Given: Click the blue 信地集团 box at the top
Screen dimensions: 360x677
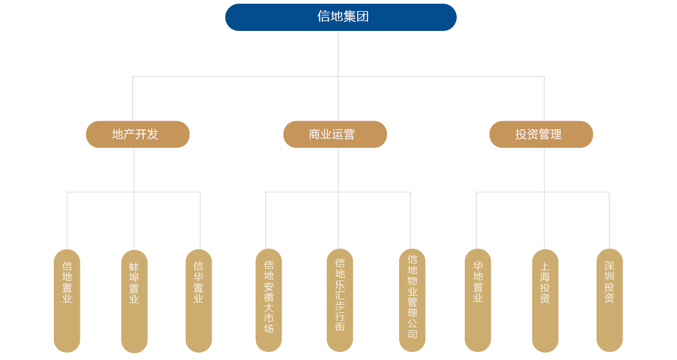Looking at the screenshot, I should [340, 17].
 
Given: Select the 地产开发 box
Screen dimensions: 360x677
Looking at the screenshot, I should [136, 134].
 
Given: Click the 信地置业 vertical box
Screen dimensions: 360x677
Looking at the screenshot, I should [67, 300].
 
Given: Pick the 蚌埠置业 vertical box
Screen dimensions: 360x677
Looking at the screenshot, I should [134, 300].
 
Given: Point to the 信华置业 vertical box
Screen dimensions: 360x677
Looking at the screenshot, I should [199, 300].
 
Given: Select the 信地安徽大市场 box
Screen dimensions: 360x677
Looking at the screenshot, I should [269, 300].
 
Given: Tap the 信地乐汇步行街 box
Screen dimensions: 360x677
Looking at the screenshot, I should [340, 300].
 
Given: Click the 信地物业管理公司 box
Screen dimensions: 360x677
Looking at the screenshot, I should [412, 300].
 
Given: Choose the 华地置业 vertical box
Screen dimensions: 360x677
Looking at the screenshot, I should [478, 300].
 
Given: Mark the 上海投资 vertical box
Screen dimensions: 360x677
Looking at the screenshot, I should [545, 300].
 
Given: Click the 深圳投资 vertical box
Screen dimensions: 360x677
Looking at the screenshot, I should [610, 300].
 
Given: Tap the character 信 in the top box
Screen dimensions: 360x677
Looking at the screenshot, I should [323, 17].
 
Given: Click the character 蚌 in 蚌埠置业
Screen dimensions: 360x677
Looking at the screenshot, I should [134, 267].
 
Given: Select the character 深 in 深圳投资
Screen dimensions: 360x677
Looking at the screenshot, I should [610, 266].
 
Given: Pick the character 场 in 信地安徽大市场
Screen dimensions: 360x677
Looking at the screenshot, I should [269, 328].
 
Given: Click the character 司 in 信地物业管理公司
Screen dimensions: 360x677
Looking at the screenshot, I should [412, 334].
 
